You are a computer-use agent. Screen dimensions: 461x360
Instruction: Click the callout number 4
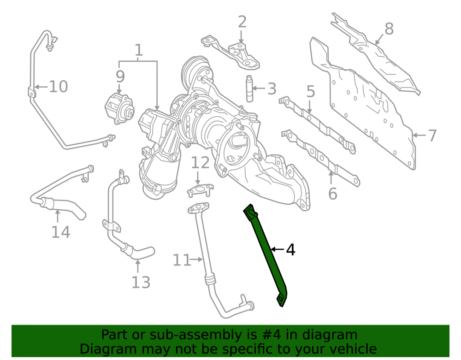[x=290, y=250]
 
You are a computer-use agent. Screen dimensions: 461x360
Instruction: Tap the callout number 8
[x=389, y=29]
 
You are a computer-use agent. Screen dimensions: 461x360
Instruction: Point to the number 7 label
[x=432, y=136]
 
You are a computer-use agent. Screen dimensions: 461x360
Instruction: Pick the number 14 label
[x=61, y=232]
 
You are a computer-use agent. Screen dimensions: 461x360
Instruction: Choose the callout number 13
[x=141, y=282]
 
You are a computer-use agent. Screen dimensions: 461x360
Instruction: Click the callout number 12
[x=201, y=163]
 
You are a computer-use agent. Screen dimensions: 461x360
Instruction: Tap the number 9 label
[x=120, y=77]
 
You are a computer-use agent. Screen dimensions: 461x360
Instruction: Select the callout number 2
[x=242, y=22]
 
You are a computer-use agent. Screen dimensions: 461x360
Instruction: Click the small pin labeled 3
[x=249, y=89]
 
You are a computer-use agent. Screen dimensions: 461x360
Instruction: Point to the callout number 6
[x=332, y=194]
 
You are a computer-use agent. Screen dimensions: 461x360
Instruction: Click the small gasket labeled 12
[x=200, y=190]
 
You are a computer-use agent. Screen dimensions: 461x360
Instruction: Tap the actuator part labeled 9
[x=119, y=109]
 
